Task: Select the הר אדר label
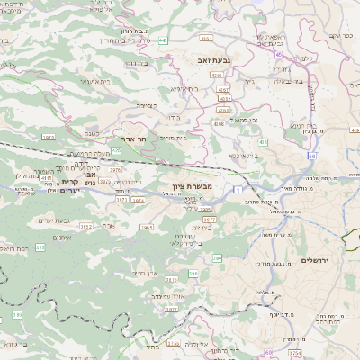(134, 140)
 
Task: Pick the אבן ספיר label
(147, 272)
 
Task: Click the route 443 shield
(162, 40)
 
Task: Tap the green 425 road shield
(115, 151)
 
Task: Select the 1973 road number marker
(48, 138)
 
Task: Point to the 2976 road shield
(116, 167)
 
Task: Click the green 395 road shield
(40, 247)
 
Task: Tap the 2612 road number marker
(86, 227)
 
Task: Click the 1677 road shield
(210, 219)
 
